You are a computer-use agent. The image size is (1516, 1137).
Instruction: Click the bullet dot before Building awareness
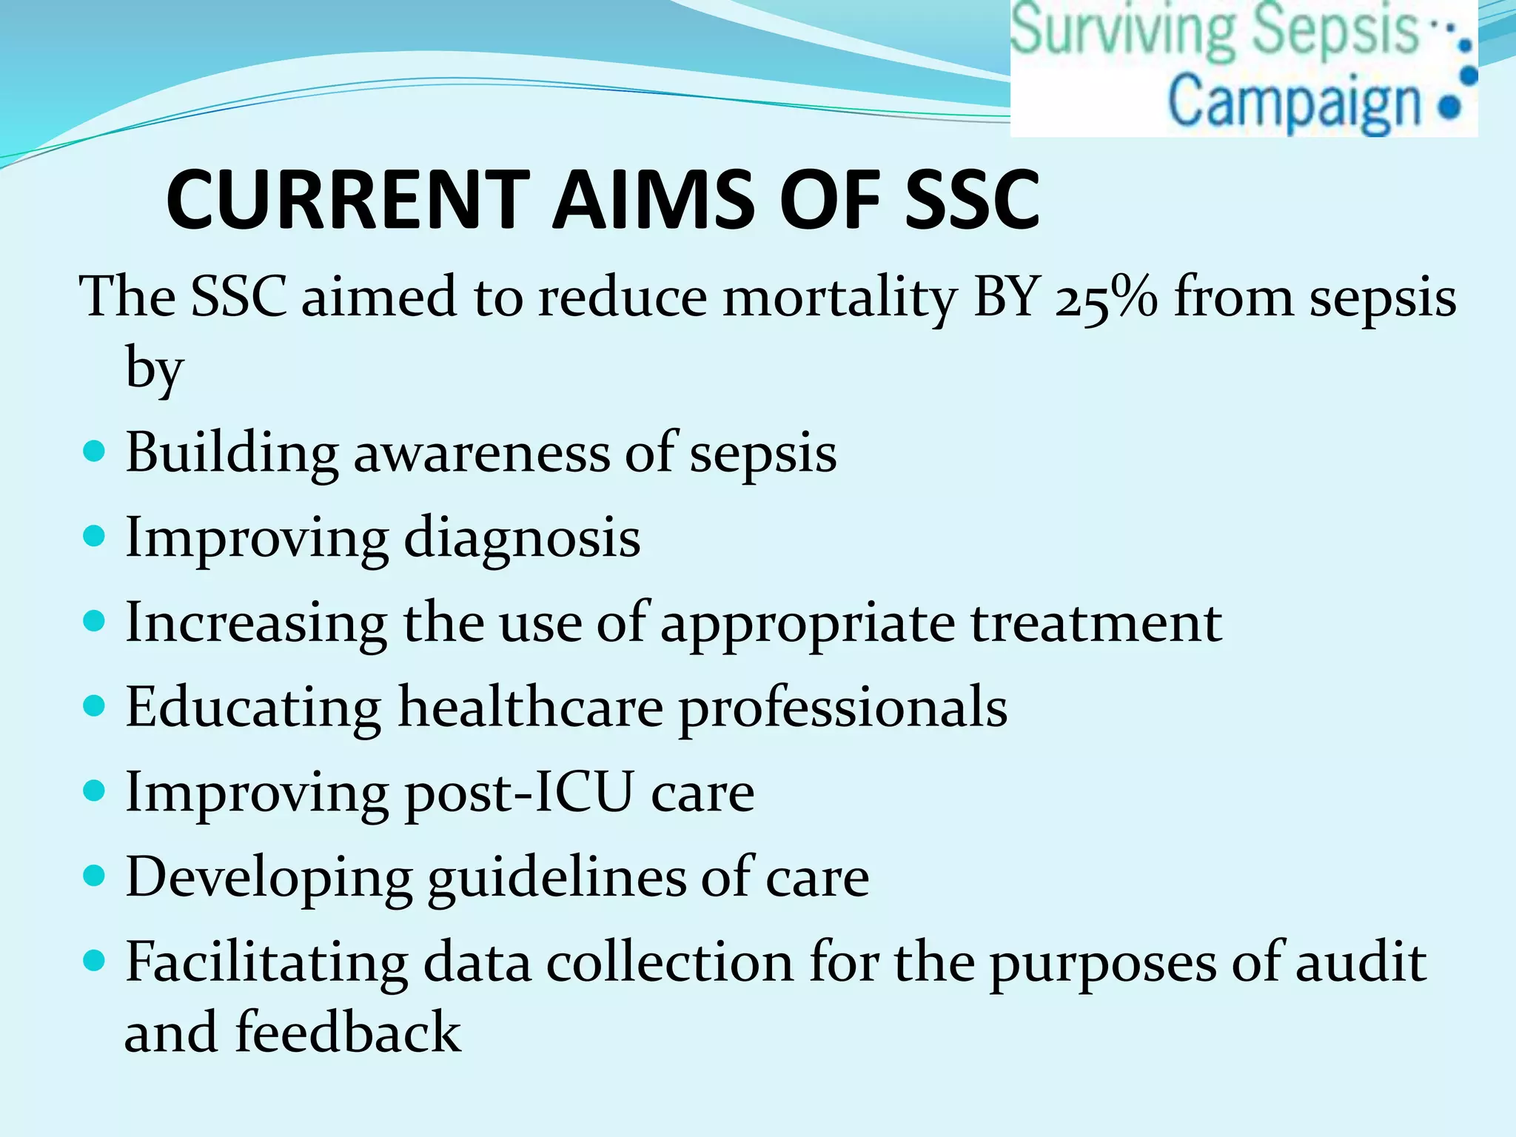[x=95, y=451]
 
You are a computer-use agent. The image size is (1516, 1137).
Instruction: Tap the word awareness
[x=481, y=453]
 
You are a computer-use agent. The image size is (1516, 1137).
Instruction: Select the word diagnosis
[x=522, y=539]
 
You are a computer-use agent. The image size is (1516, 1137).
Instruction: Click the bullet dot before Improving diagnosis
[x=95, y=535]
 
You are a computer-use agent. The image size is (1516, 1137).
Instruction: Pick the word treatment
[x=1096, y=623]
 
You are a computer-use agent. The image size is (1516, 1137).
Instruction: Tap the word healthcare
[x=530, y=708]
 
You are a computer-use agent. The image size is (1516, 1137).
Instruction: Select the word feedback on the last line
[x=348, y=1032]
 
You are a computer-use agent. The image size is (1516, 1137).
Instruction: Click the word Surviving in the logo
[x=1122, y=30]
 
